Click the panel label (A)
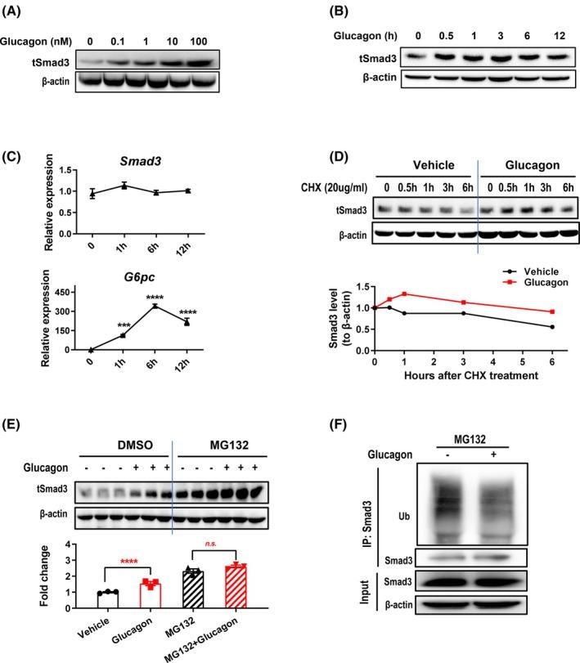tap(16, 12)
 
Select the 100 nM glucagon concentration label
tap(197, 42)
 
